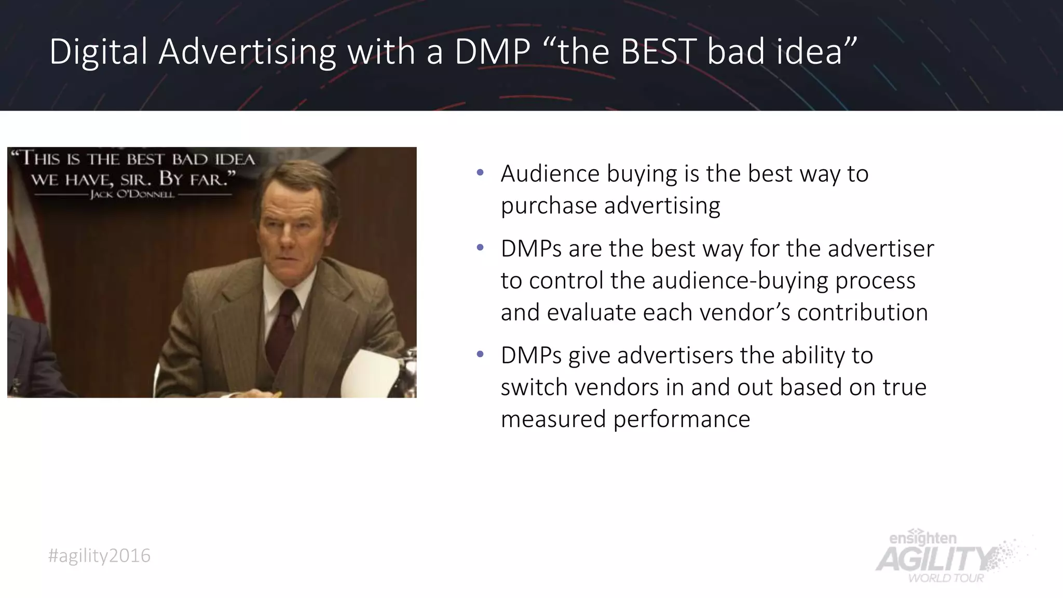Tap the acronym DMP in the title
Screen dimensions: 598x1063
[x=493, y=52]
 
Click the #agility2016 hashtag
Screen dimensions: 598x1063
[x=99, y=556]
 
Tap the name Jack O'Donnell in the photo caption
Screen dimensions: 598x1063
[x=132, y=195]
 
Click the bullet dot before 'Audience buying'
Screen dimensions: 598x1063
[x=480, y=172]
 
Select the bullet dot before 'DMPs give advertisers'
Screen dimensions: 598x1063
[x=480, y=355]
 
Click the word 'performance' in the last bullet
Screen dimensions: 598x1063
[x=682, y=419]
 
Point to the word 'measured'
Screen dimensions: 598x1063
[x=553, y=419]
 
